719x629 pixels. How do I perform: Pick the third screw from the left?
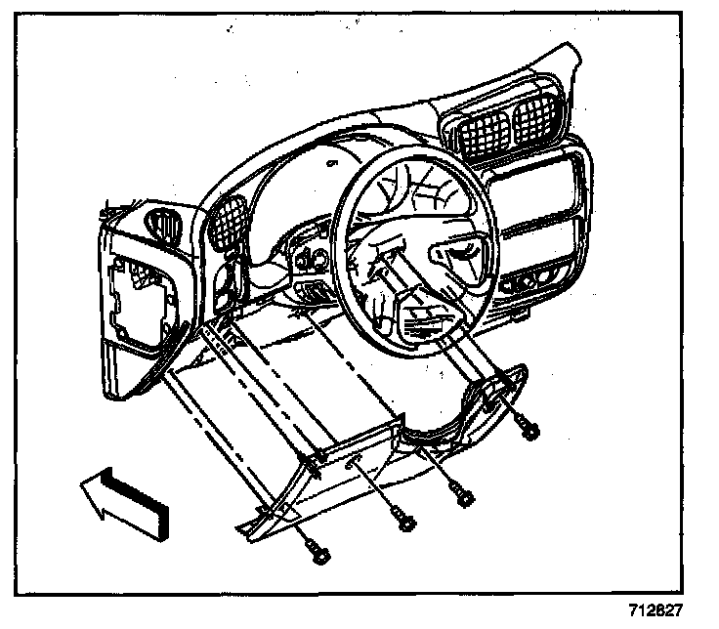click(466, 497)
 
